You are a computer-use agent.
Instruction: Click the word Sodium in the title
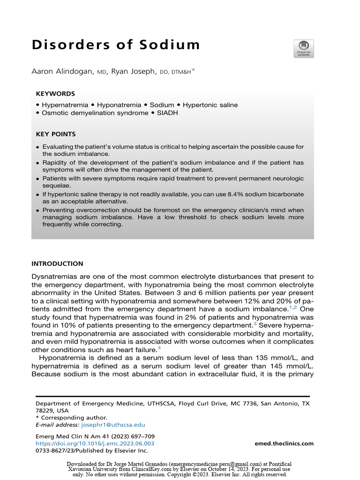(165, 45)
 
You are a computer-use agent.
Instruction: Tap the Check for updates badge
(304, 49)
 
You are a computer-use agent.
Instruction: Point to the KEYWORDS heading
(55, 94)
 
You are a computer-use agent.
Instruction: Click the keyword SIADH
(167, 113)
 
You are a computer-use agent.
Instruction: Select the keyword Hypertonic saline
(210, 105)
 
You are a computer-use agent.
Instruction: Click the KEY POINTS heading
(56, 134)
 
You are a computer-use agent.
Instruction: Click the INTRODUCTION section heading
(57, 264)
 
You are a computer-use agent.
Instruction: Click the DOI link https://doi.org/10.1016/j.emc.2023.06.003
(95, 443)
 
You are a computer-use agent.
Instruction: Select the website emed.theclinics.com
(284, 443)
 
